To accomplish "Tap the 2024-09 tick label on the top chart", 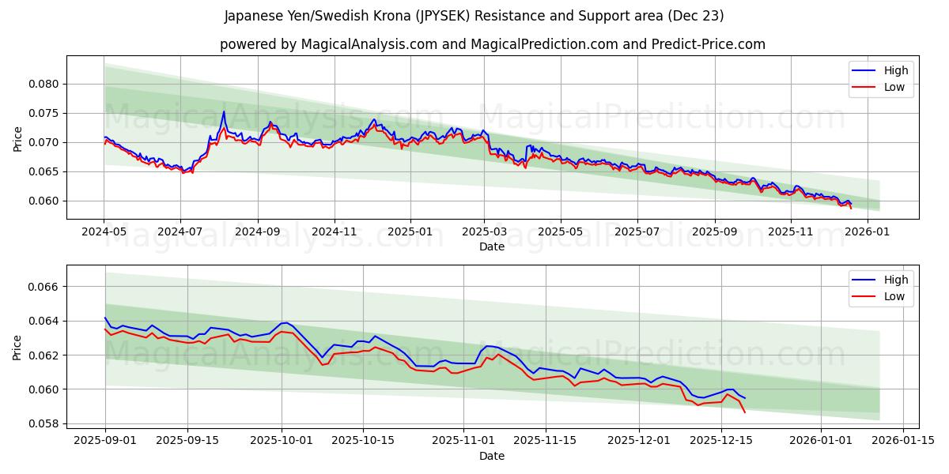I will coord(257,231).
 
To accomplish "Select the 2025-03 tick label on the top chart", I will coord(484,231).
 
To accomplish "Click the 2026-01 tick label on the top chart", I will coord(867,231).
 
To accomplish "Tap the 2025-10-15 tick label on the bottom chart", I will coord(363,440).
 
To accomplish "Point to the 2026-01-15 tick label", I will coord(902,440).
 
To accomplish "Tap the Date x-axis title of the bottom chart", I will coord(492,456).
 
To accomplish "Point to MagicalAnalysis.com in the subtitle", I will coord(369,44).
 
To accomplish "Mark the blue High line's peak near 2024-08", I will coord(224,111).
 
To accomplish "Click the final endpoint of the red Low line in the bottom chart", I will coord(744,412).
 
